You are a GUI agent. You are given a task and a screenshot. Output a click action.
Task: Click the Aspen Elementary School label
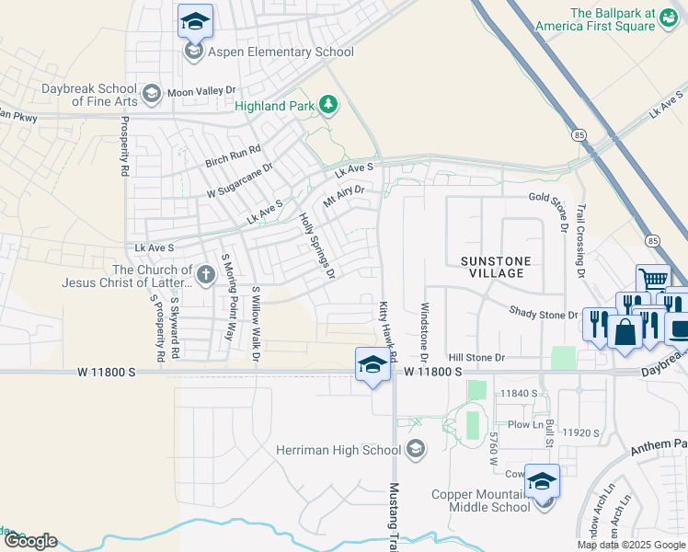[281, 52]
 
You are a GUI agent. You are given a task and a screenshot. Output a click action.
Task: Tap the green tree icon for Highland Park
[328, 106]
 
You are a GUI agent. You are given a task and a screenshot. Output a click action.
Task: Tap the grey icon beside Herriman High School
[415, 449]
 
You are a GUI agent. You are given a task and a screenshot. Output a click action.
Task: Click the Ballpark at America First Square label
[625, 19]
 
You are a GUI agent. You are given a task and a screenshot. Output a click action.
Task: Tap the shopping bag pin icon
[625, 332]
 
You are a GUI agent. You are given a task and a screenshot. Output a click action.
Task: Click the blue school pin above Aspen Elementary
[195, 21]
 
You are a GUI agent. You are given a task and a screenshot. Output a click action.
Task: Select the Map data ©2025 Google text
[631, 545]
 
